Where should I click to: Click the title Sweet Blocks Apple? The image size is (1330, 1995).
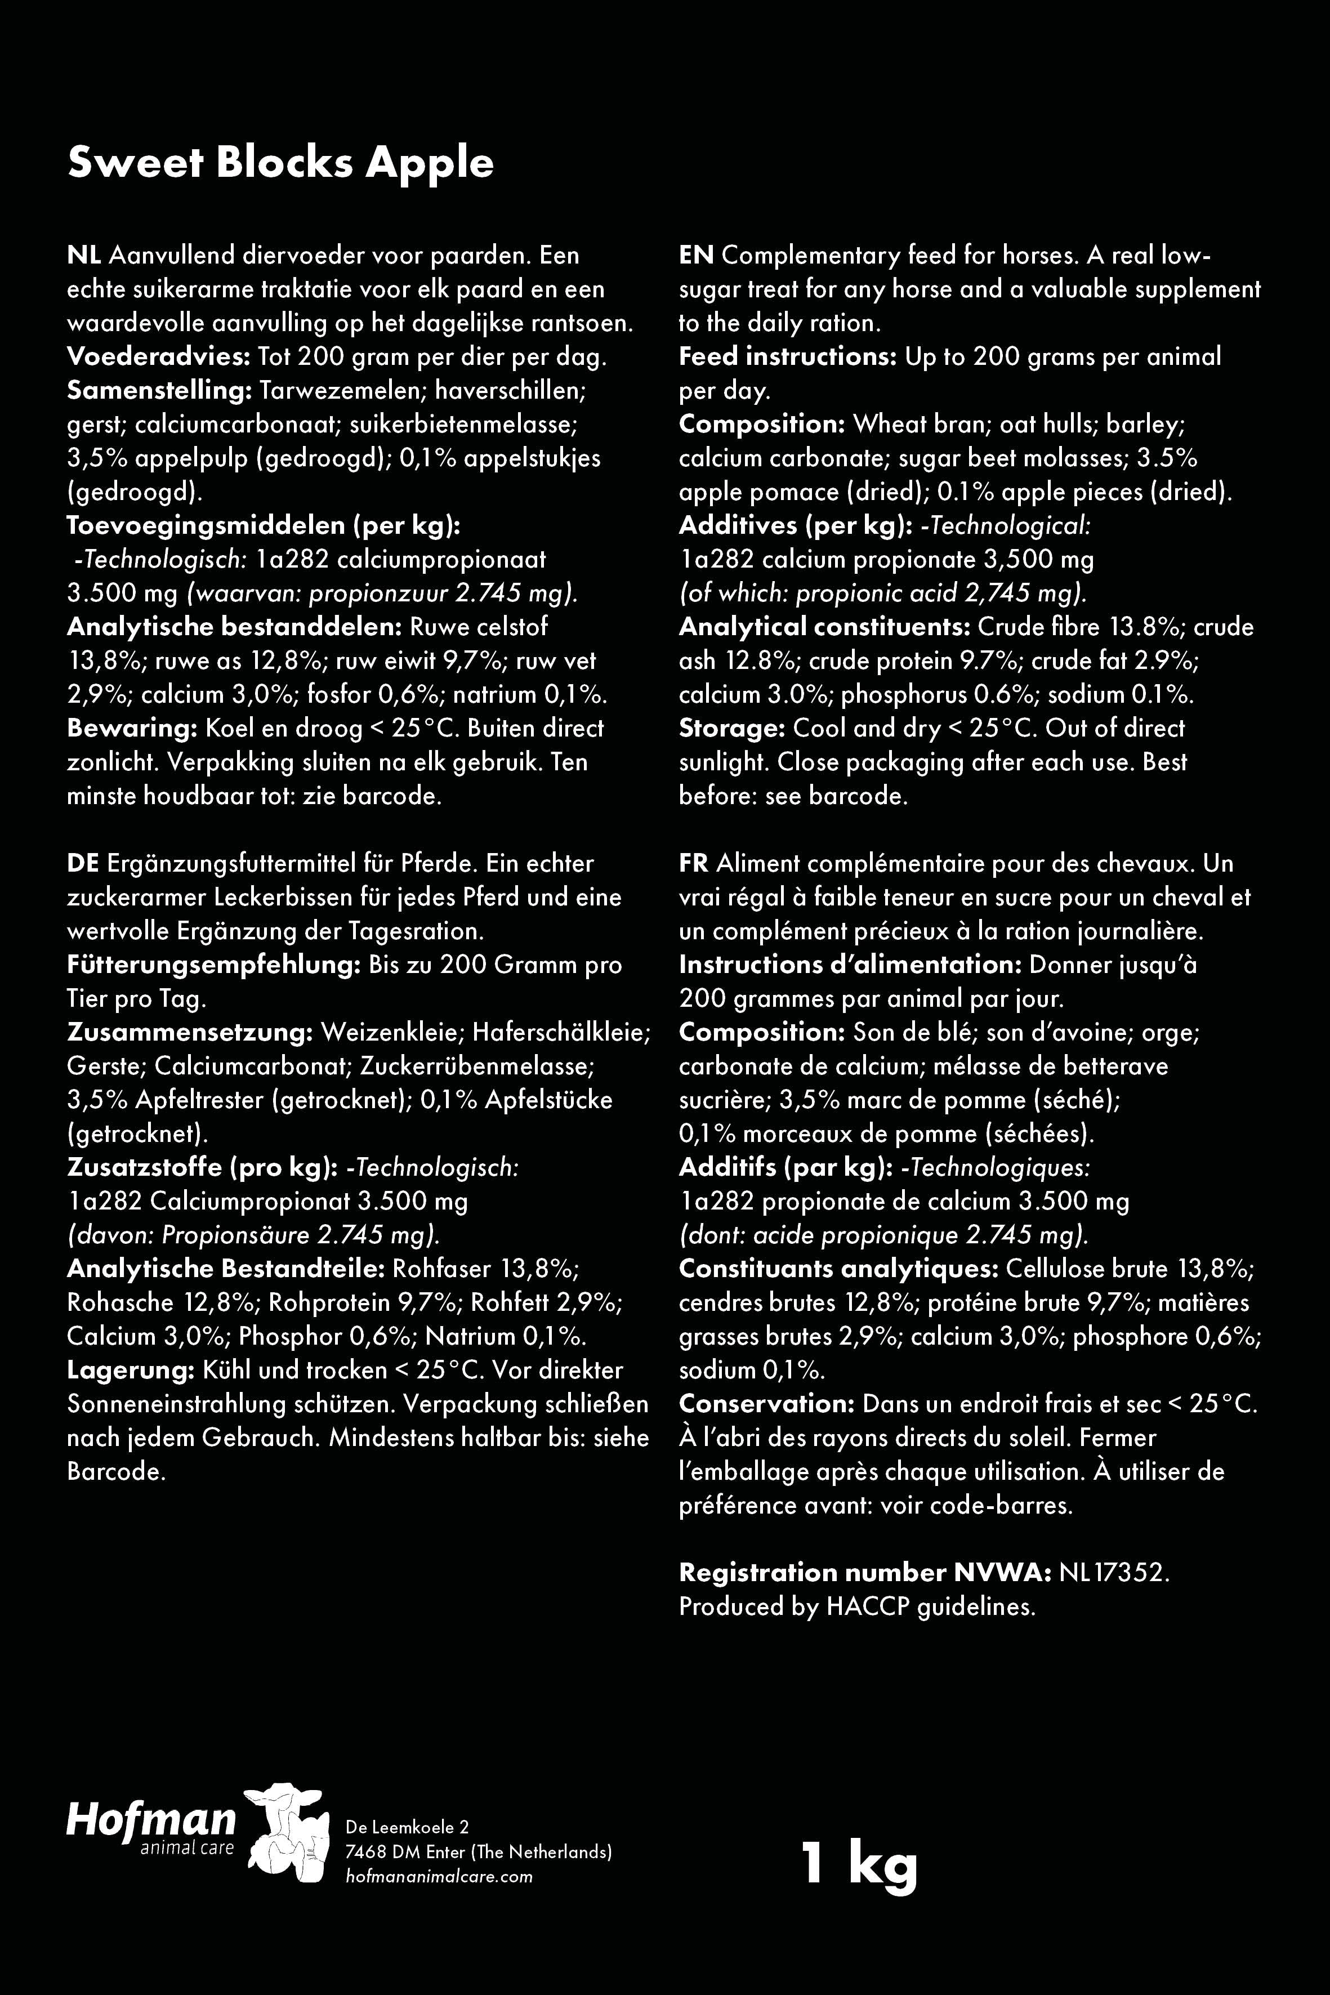(280, 162)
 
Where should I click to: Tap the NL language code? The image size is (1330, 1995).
(84, 255)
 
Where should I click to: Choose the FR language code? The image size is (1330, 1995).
(693, 863)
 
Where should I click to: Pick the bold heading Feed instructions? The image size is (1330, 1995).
(787, 356)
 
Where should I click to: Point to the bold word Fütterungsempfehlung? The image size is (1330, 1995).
(215, 965)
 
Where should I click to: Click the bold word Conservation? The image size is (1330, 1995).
(766, 1404)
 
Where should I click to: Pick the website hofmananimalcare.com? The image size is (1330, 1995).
(439, 1876)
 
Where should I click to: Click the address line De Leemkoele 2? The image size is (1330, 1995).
(407, 1826)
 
